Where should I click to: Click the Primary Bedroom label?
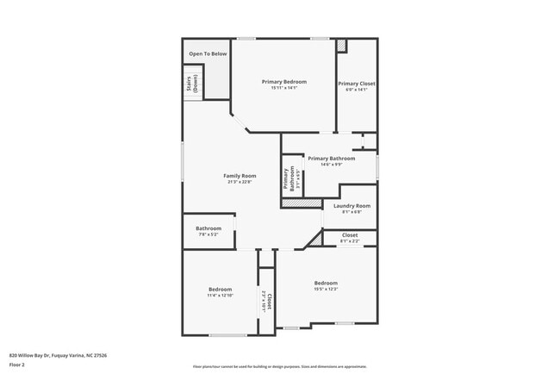[284, 81]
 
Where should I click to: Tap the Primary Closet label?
[356, 84]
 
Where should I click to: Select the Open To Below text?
[208, 53]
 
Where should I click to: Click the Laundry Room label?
[352, 206]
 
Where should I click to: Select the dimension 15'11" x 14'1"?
[284, 88]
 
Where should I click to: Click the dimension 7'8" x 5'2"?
[208, 234]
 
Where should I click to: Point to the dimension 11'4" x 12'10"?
[220, 296]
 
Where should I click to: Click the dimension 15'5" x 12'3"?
[326, 290]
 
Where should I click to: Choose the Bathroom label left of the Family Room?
[208, 228]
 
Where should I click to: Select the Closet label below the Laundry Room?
[350, 234]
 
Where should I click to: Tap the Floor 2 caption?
[17, 365]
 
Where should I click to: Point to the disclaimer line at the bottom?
[279, 367]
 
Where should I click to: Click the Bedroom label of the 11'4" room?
[220, 289]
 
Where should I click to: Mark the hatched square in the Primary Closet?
[342, 45]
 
